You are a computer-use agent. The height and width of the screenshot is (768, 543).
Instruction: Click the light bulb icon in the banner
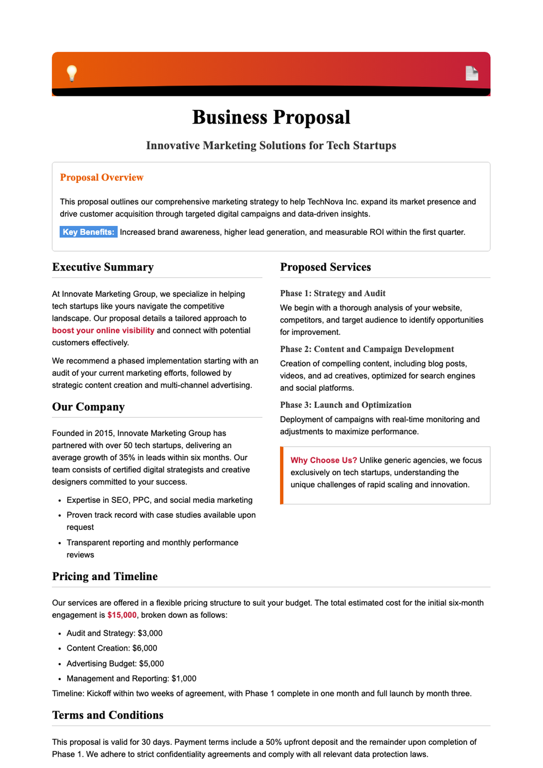click(72, 73)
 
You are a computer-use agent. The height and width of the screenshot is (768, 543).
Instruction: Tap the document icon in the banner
click(472, 73)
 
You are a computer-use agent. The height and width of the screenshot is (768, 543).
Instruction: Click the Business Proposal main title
click(271, 117)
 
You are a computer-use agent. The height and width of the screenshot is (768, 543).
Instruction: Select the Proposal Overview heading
click(101, 177)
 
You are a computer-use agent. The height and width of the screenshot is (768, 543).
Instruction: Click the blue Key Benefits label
click(89, 232)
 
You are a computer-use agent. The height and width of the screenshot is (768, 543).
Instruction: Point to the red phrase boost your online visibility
click(103, 330)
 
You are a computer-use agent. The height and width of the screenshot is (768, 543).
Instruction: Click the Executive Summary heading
click(103, 267)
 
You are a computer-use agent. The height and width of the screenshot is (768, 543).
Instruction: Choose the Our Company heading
click(88, 407)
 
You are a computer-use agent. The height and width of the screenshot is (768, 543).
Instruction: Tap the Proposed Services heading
click(325, 267)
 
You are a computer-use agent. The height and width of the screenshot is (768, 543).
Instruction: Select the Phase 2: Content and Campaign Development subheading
click(367, 349)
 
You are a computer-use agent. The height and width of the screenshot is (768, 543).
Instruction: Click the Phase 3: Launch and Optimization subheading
click(345, 405)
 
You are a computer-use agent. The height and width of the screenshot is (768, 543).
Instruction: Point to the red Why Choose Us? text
click(324, 460)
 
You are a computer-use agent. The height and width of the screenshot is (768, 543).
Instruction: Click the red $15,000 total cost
click(122, 615)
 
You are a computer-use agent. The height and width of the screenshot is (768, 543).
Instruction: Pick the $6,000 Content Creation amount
click(145, 648)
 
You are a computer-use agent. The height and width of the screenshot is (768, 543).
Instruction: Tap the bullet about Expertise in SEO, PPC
click(159, 500)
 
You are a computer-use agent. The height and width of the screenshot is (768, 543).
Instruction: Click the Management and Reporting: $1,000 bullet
click(131, 678)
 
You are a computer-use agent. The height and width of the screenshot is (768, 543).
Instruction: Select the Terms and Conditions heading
click(108, 715)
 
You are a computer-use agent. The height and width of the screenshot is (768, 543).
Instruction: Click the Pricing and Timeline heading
click(105, 577)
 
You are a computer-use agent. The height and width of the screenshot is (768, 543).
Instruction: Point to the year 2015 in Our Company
click(104, 433)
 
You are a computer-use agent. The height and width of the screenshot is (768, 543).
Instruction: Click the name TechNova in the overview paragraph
click(324, 202)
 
